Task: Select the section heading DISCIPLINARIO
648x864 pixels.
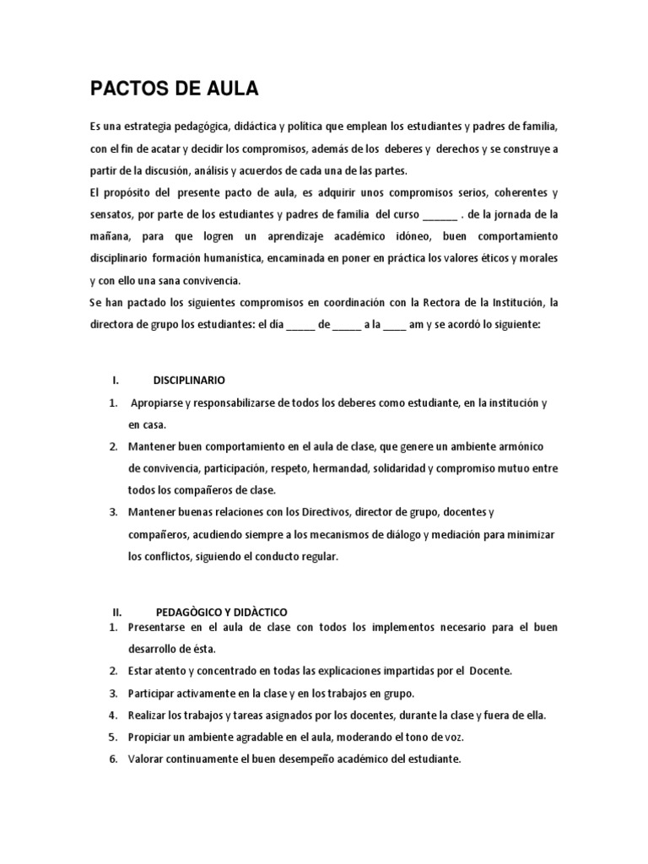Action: pos(189,381)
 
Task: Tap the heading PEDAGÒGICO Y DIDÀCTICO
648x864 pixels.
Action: pos(222,610)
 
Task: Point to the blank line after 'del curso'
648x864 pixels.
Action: pos(438,214)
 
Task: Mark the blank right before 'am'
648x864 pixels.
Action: pos(394,325)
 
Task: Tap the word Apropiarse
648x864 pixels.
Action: pos(159,403)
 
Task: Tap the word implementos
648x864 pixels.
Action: pos(380,628)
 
